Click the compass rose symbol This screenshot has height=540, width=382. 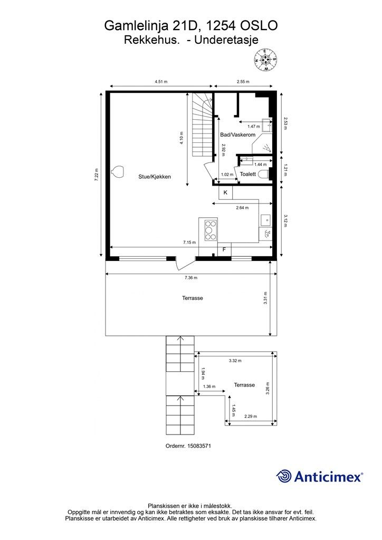coord(265,60)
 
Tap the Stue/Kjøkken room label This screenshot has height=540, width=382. coord(155,177)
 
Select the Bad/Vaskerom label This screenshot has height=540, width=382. coord(237,135)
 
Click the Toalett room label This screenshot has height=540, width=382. coord(248,174)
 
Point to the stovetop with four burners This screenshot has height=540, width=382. coord(211,230)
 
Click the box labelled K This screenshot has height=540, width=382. coord(226,192)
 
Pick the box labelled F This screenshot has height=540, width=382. coord(224,249)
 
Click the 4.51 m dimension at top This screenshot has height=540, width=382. coord(161,82)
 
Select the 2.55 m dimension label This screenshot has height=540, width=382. coord(243,82)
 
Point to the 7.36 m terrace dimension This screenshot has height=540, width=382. coord(191,277)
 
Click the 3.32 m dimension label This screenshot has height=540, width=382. coord(235,361)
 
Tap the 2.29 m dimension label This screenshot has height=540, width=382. coord(251,417)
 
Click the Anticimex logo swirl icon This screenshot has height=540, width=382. coord(284,476)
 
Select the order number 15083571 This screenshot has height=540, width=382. coord(199,446)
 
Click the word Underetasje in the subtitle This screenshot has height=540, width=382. coord(226,40)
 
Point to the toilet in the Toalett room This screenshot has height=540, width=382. coord(263,174)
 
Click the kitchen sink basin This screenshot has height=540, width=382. coord(265,220)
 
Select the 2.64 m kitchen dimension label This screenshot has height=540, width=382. coord(242,208)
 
